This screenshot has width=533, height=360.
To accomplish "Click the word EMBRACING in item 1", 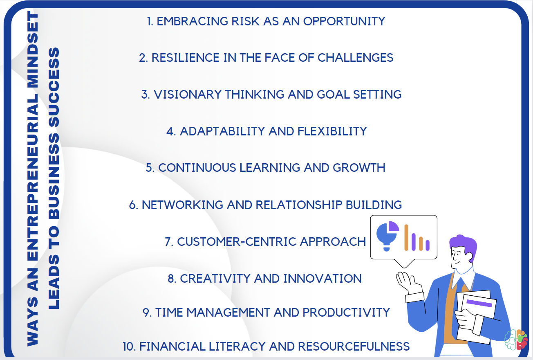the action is coord(193,21).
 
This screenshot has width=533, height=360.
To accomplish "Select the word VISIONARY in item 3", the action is coord(188,94).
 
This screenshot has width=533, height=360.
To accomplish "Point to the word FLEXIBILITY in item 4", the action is coord(332,131).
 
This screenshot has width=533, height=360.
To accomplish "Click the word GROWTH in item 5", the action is coord(359,168).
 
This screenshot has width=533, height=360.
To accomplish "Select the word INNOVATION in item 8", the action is coord(322,279).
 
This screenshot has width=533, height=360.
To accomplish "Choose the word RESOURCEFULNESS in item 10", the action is coord(354,346).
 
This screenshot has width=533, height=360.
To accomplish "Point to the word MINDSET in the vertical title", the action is coord(33,49).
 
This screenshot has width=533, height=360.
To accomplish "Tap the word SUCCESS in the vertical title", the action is coord(54,87).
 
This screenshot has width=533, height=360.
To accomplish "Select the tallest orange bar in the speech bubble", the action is coord(406,237).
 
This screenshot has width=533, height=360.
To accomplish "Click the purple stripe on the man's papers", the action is coord(479,303).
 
